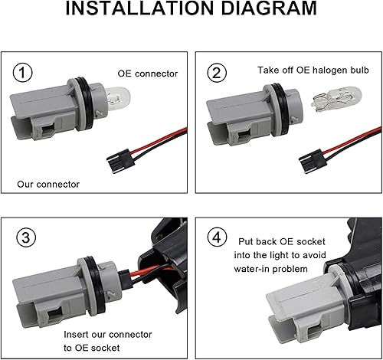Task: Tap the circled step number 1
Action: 26,73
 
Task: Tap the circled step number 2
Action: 218,73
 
